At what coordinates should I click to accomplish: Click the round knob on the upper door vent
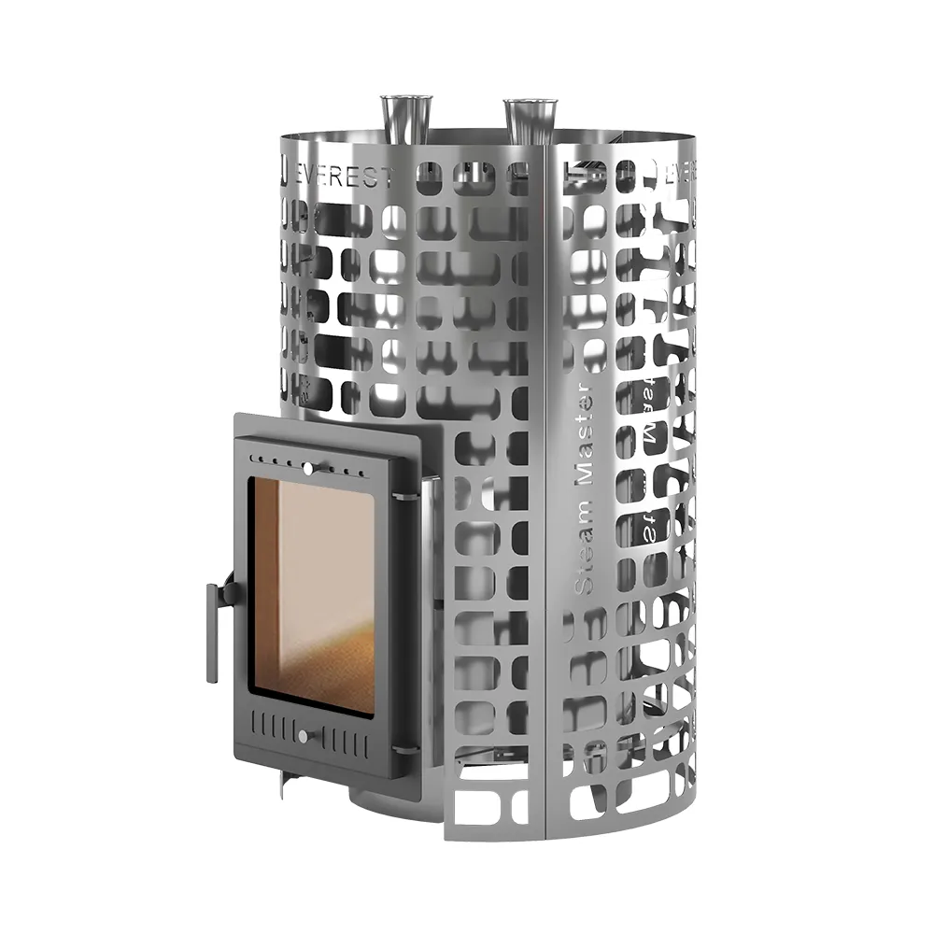[x=306, y=466]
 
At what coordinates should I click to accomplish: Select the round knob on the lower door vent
[x=302, y=737]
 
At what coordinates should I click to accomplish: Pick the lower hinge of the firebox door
[x=403, y=747]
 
